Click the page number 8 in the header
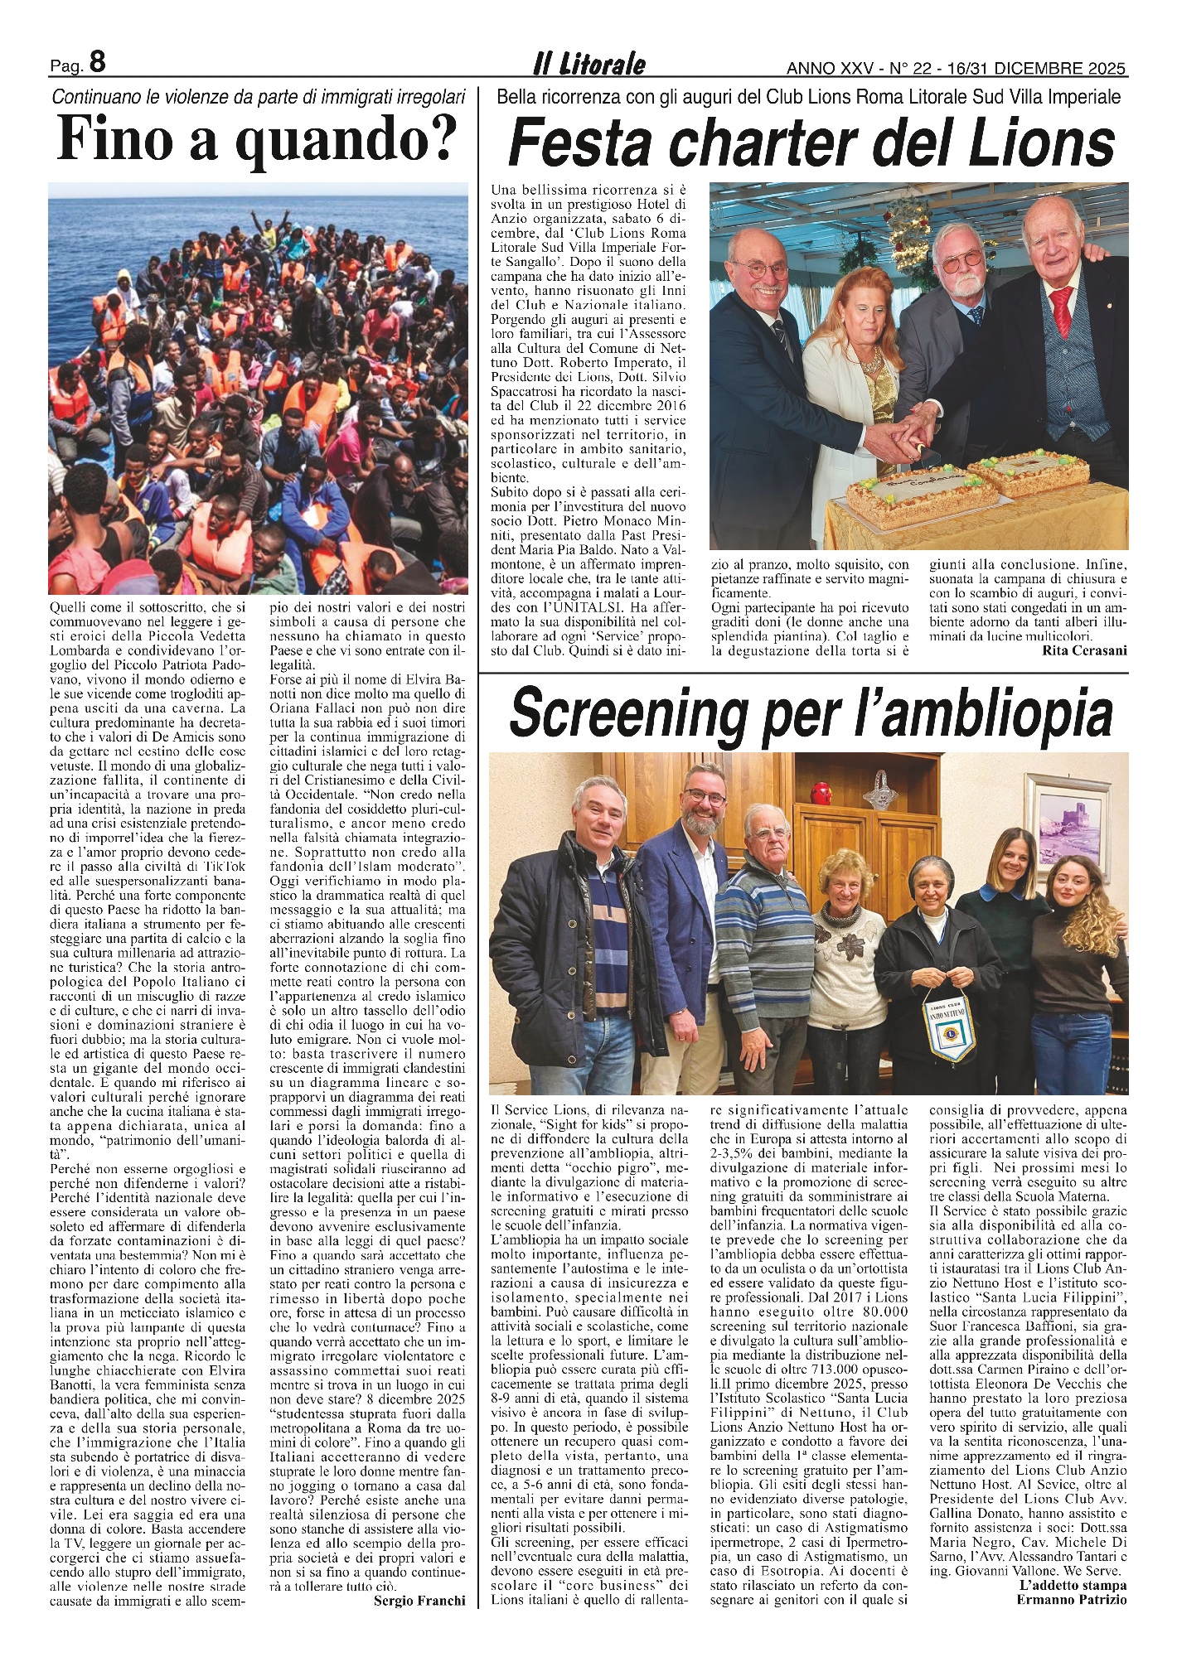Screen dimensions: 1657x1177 pyautogui.click(x=97, y=62)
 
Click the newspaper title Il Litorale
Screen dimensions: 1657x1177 pyautogui.click(x=588, y=65)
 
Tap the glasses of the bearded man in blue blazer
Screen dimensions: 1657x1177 pyautogui.click(x=707, y=797)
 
